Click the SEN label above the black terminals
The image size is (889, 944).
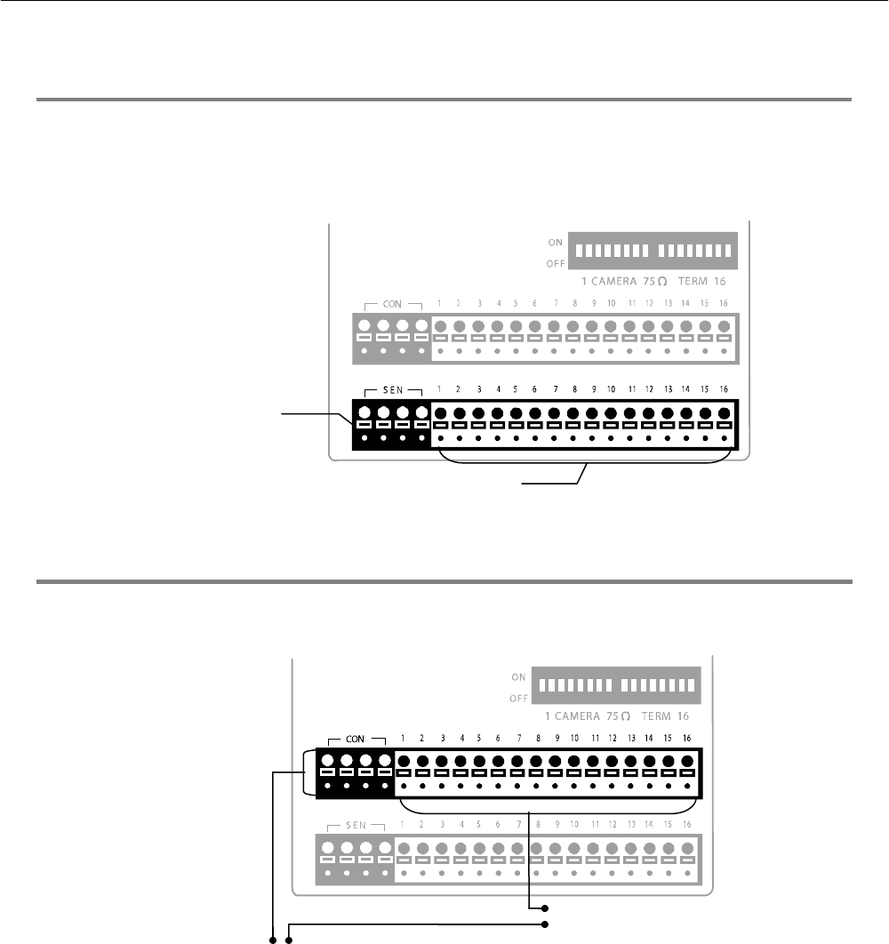click(392, 390)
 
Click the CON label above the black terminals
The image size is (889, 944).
click(356, 738)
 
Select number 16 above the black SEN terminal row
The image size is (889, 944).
click(725, 389)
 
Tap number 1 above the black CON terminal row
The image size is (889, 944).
click(404, 738)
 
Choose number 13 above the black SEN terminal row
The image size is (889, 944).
click(669, 389)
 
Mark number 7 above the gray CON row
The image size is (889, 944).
click(555, 304)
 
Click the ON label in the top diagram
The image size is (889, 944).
click(556, 240)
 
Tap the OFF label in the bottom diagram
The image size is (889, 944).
click(519, 698)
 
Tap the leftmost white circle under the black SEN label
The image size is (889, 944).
click(364, 413)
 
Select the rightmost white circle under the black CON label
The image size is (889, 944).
click(385, 762)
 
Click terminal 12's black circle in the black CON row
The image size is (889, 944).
click(612, 762)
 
